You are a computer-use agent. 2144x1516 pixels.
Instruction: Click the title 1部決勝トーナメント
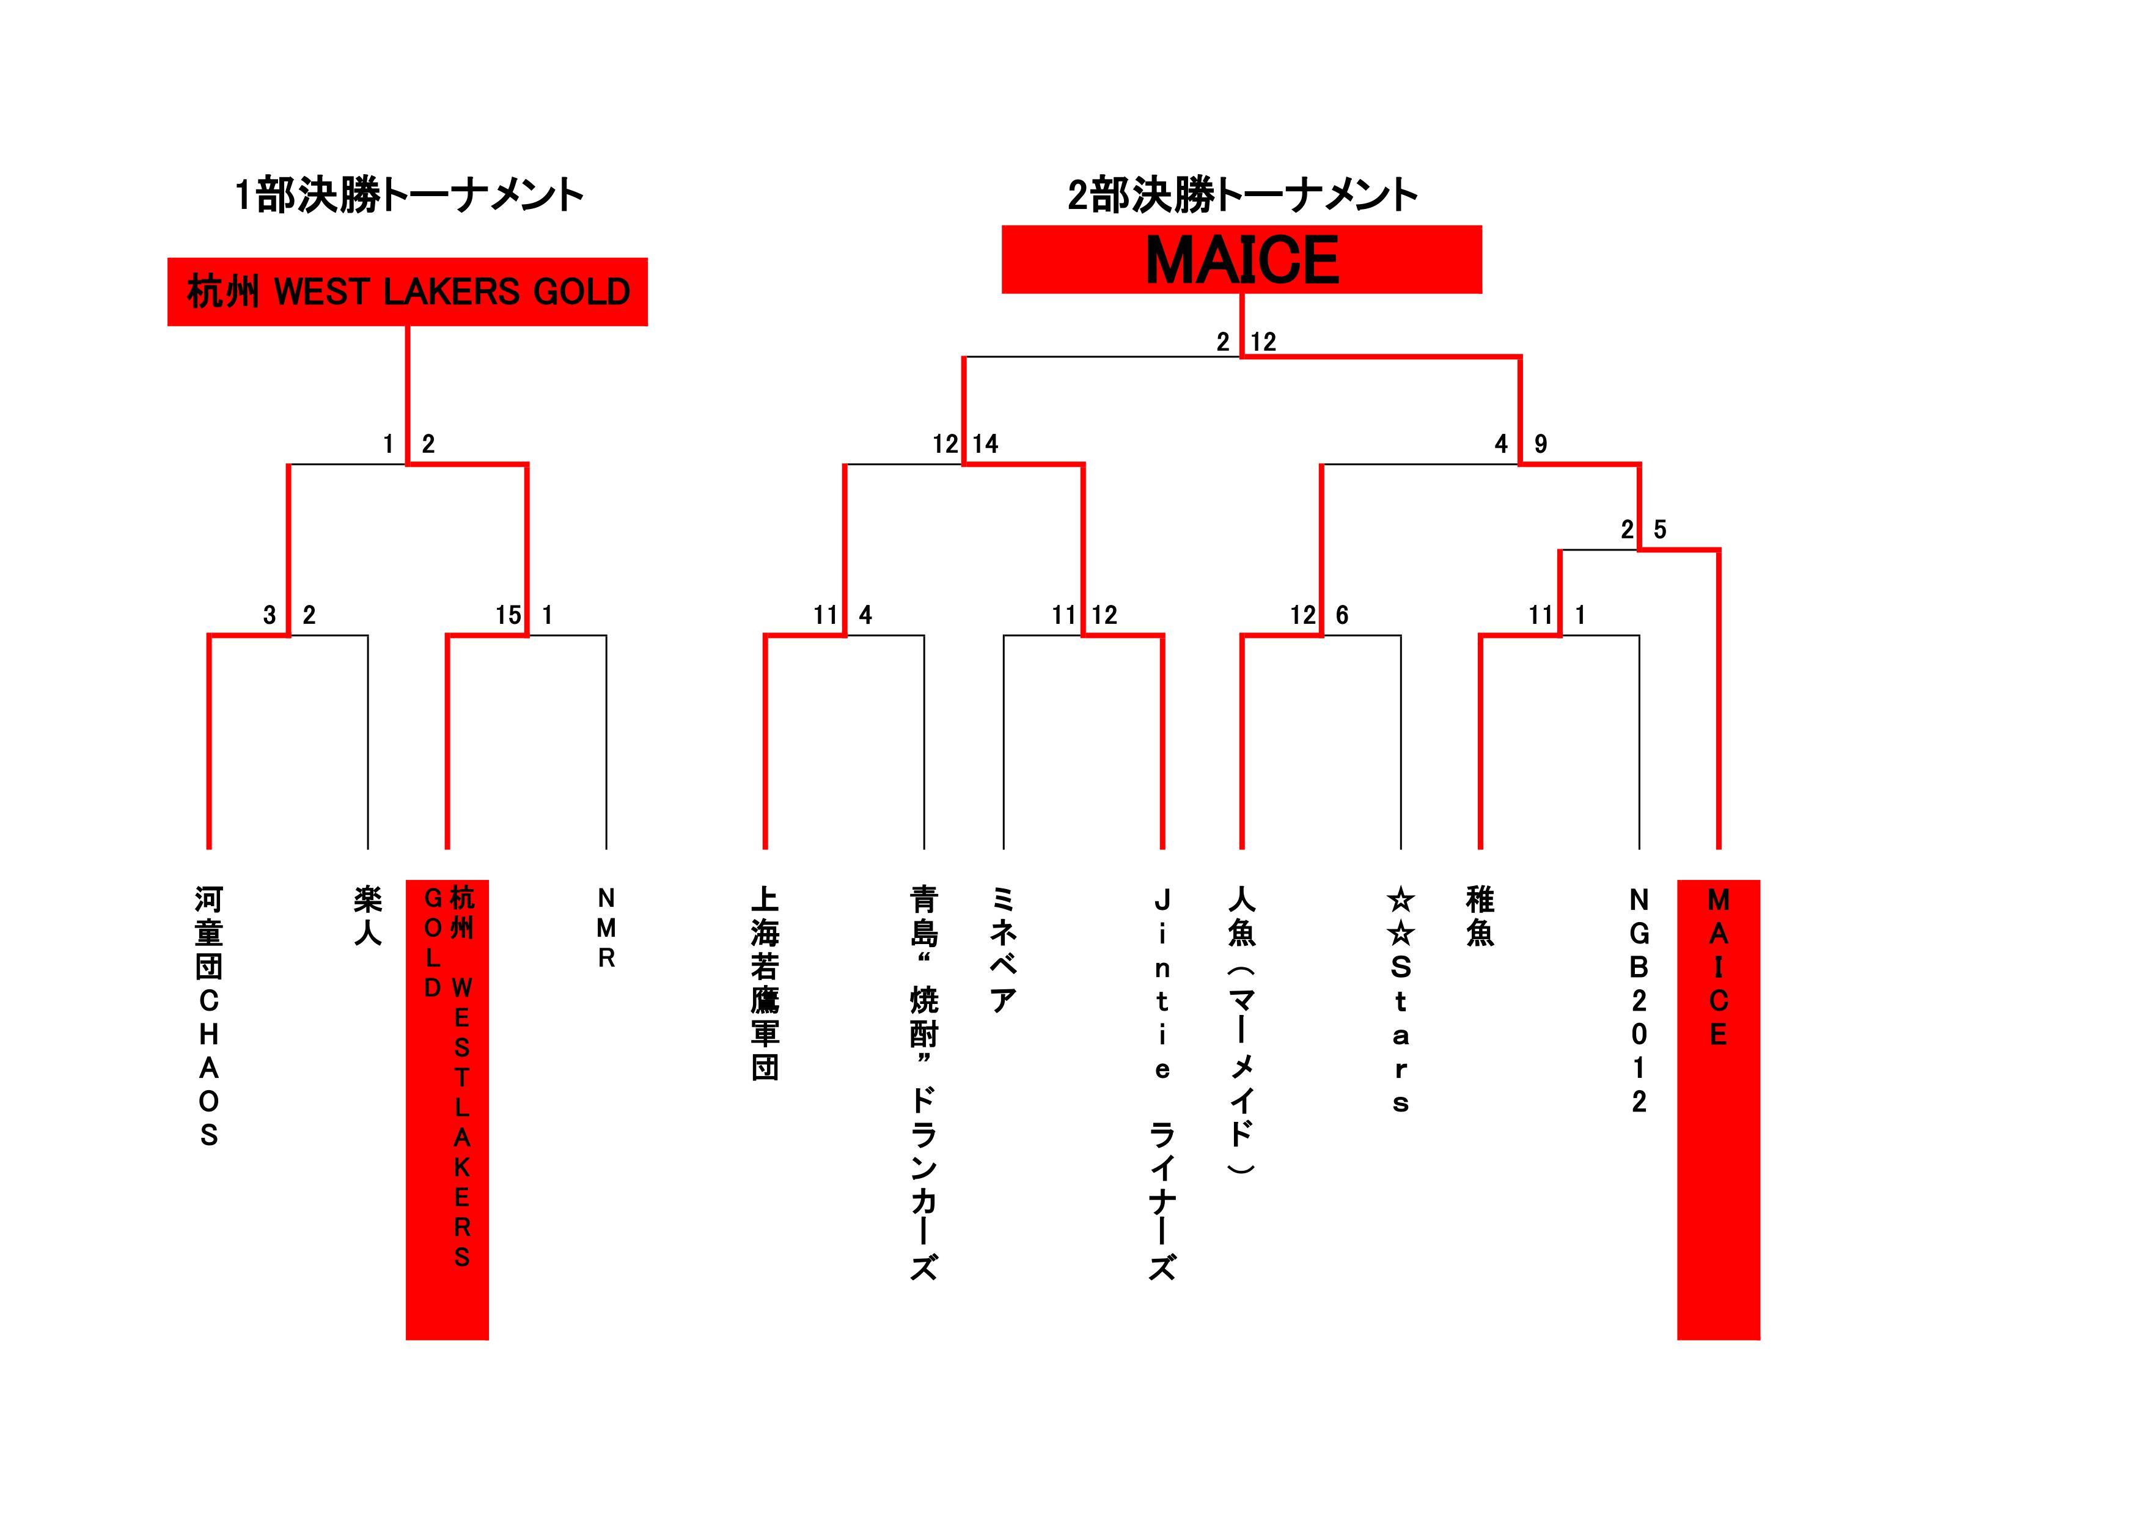point(409,196)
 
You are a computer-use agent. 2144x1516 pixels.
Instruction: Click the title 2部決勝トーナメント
point(1242,196)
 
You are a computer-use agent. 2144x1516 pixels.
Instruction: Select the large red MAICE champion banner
point(1242,260)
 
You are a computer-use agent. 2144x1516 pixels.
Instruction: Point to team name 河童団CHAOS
point(208,1017)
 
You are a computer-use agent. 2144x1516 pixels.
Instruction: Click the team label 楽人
point(368,916)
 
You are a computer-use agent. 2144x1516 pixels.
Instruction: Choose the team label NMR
point(606,928)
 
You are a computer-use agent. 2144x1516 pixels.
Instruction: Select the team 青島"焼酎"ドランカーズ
point(923,1083)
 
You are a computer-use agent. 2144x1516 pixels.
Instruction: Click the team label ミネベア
point(1003,950)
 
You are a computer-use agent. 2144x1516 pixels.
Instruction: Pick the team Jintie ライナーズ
point(1162,1083)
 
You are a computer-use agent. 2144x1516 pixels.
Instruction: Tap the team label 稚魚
point(1480,916)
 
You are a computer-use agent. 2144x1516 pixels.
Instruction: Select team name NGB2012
point(1639,1000)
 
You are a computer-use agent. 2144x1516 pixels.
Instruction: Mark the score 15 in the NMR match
point(508,615)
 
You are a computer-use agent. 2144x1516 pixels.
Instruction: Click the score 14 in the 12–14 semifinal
point(985,444)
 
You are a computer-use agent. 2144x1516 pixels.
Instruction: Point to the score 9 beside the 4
point(1541,444)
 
